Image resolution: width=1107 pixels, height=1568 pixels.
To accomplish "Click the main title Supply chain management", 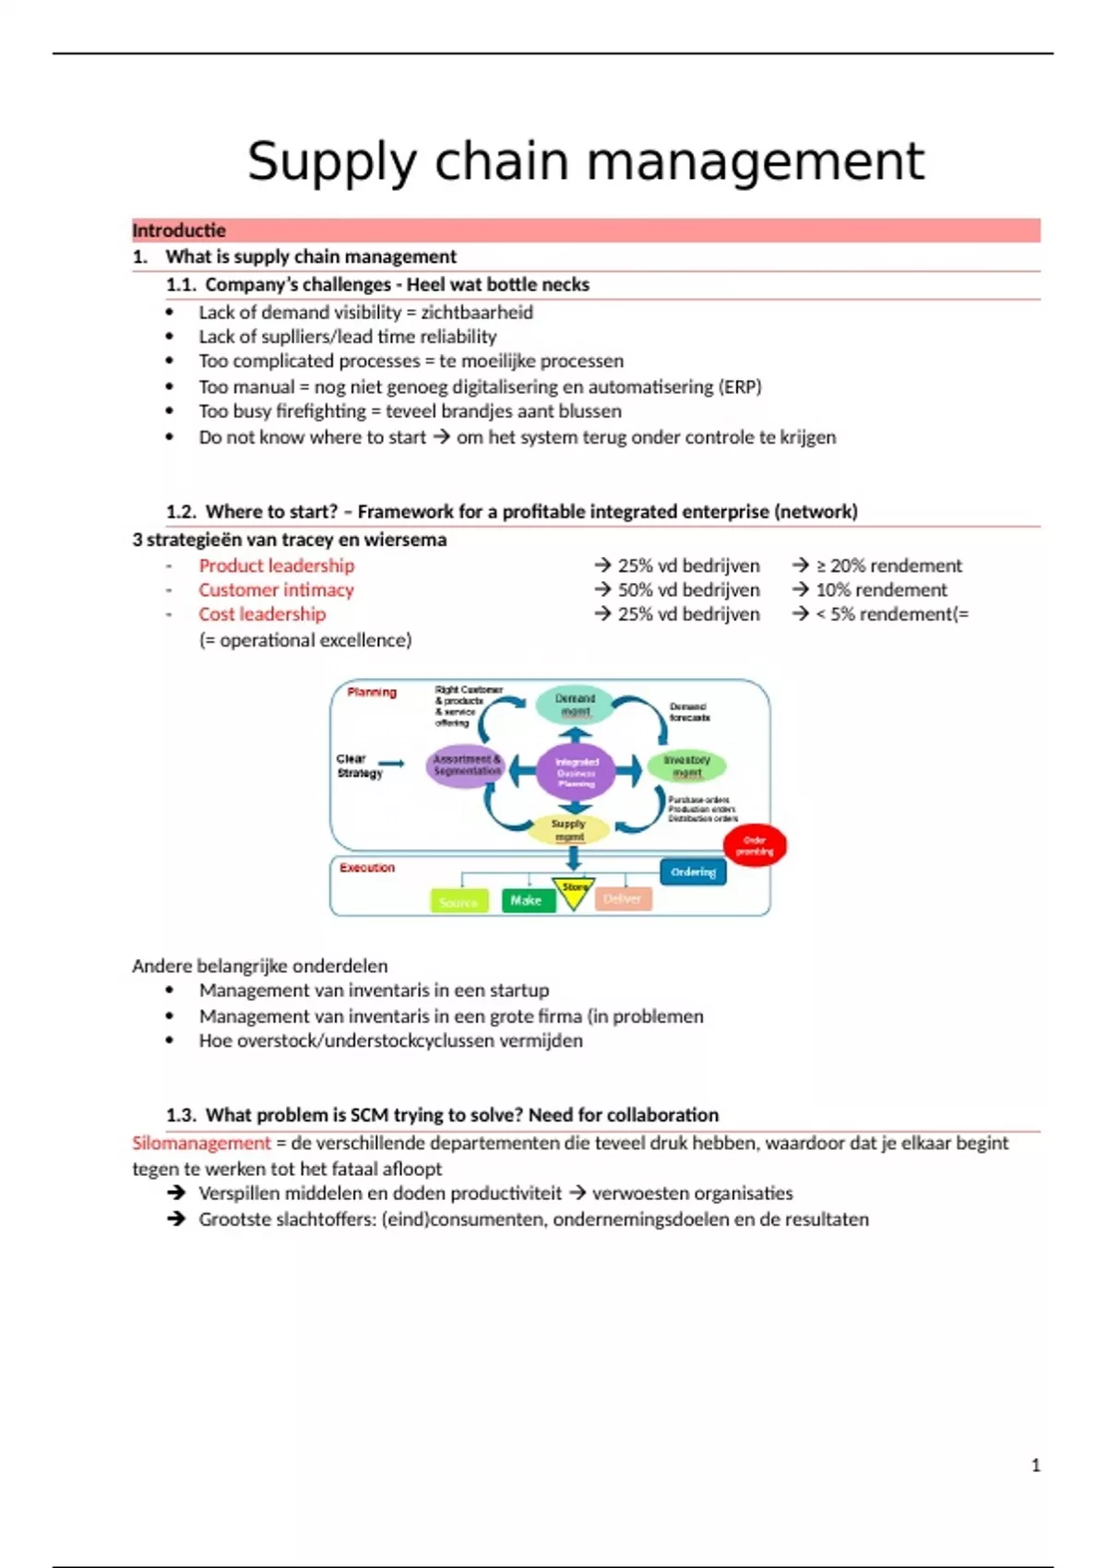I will point(585,161).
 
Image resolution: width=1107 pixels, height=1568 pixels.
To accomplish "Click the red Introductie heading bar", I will point(585,231).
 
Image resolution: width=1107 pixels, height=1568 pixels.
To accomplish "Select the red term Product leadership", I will point(276,565).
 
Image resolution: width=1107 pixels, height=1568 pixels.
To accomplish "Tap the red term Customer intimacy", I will point(276,589).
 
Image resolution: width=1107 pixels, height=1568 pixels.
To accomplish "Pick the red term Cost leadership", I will point(262,614).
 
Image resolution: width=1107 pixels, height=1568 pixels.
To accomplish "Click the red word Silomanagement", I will point(201,1143).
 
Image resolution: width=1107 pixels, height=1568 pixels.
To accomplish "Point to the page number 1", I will point(1035,1465).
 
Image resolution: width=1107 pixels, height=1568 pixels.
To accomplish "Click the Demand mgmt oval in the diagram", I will point(575,705).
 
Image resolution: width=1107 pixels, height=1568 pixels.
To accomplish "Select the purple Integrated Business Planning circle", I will point(577,771).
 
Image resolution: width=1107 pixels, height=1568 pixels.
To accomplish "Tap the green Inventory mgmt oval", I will point(686,766).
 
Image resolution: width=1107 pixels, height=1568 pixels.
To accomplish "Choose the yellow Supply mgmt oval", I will point(568,829).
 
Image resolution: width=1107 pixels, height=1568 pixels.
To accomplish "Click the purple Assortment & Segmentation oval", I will point(466,766).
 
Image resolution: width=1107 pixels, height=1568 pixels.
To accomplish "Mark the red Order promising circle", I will point(755,846).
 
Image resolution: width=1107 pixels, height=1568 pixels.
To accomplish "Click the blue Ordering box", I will point(693,872).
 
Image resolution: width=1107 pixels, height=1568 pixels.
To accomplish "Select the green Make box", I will point(528,900).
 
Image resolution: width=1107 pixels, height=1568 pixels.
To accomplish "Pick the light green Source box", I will point(458,901).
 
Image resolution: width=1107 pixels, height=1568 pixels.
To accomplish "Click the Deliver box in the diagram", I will point(623,898).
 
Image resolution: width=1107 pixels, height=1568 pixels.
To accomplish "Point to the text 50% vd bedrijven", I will point(688,589).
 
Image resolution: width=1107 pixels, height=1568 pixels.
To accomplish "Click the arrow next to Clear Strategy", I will point(391,763).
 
